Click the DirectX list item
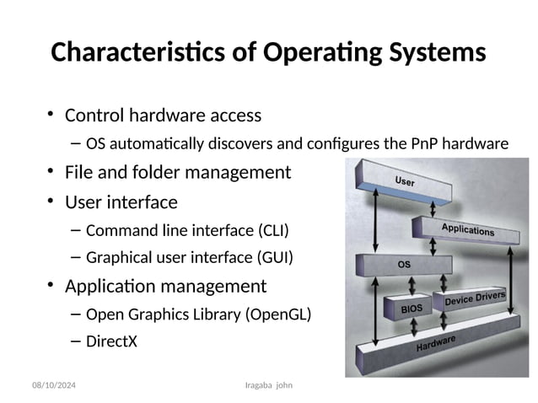pyautogui.click(x=111, y=342)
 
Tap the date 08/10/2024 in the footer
pyautogui.click(x=53, y=385)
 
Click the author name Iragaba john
pyautogui.click(x=272, y=385)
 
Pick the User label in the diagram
pyautogui.click(x=405, y=181)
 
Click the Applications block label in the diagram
pyautogui.click(x=468, y=230)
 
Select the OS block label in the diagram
pyautogui.click(x=404, y=264)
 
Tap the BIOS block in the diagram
pyautogui.click(x=412, y=309)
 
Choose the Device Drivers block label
pyautogui.click(x=475, y=298)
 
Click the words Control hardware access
pyautogui.click(x=163, y=115)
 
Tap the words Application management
pyautogui.click(x=165, y=286)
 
